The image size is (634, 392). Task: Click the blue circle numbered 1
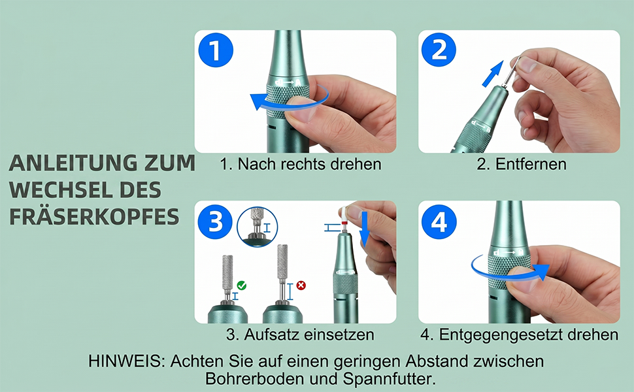coord(216,50)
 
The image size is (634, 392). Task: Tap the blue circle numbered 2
coord(439,50)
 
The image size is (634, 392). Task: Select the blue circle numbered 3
coord(215,221)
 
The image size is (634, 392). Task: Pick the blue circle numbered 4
coord(439,221)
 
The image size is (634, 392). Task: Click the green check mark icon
coord(242,286)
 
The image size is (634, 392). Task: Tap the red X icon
coord(301,286)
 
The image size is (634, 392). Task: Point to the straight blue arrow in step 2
coord(493,74)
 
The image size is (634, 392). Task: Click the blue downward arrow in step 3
coord(364,229)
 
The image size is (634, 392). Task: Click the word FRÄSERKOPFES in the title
coord(94,217)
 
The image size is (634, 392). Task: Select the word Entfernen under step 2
coord(531,164)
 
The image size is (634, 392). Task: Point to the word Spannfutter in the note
coord(389,379)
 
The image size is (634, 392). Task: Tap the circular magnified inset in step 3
coord(257,227)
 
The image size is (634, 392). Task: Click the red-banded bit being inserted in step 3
coord(344,218)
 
